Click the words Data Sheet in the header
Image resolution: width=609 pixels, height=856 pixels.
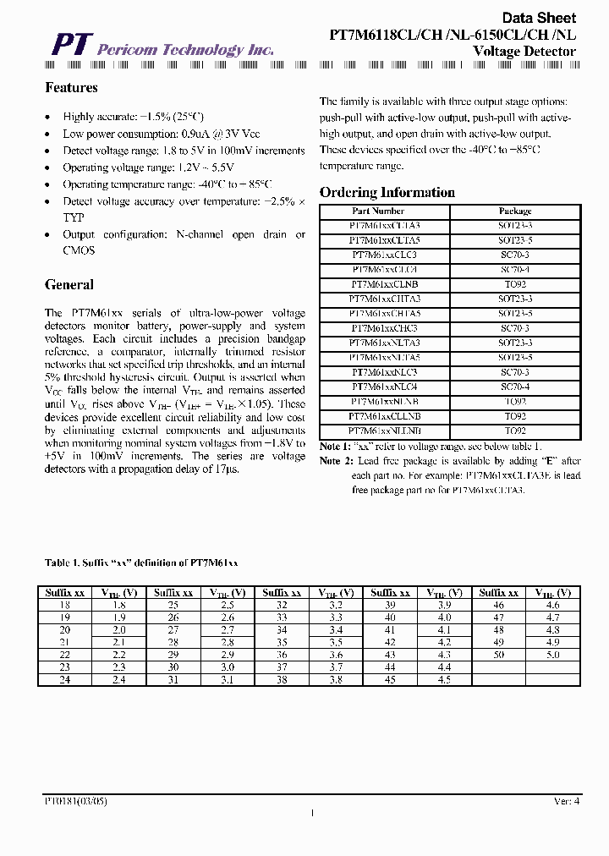[539, 18]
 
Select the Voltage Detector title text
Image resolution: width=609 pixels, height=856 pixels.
[524, 52]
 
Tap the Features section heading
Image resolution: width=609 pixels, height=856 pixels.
[71, 88]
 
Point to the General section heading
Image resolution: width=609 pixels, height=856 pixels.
[69, 285]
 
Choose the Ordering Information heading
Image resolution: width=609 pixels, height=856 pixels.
[387, 192]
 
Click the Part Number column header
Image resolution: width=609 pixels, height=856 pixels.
[376, 211]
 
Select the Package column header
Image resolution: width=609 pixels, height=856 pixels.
[514, 211]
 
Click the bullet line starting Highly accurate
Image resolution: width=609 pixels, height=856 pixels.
[133, 118]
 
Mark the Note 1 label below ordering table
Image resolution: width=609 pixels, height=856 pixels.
[335, 446]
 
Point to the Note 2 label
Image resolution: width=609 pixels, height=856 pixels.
[335, 461]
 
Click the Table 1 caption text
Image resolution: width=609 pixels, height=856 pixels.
[141, 562]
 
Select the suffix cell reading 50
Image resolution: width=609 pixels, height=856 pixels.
[498, 655]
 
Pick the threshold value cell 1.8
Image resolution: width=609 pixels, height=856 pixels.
[118, 606]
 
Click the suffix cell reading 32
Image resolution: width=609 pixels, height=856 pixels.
[281, 606]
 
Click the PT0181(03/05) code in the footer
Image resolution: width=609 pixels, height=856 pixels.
[75, 800]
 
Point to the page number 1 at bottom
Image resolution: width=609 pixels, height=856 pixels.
[312, 814]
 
